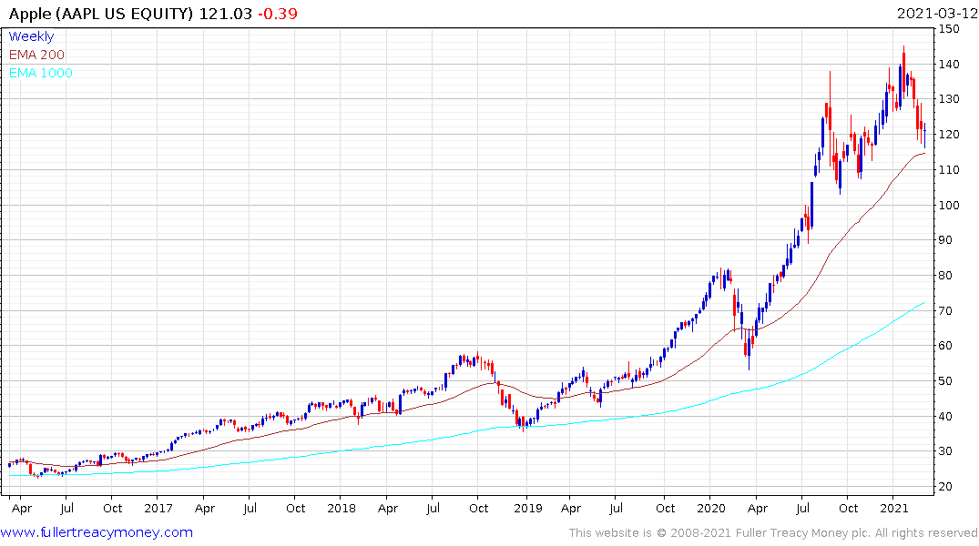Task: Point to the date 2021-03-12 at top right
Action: [x=936, y=14]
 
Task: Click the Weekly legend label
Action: [x=31, y=37]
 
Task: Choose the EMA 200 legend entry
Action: [x=36, y=56]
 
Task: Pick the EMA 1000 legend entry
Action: [x=41, y=74]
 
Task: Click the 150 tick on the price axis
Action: [x=951, y=29]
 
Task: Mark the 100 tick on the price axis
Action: [x=951, y=206]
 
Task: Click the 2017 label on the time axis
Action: [x=158, y=508]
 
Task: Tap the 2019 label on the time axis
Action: [x=526, y=508]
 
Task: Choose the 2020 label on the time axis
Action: [x=710, y=508]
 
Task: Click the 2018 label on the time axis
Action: [x=342, y=508]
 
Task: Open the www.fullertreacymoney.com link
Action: [x=97, y=533]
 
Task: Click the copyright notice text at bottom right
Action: [x=773, y=533]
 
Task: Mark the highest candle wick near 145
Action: [x=903, y=50]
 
